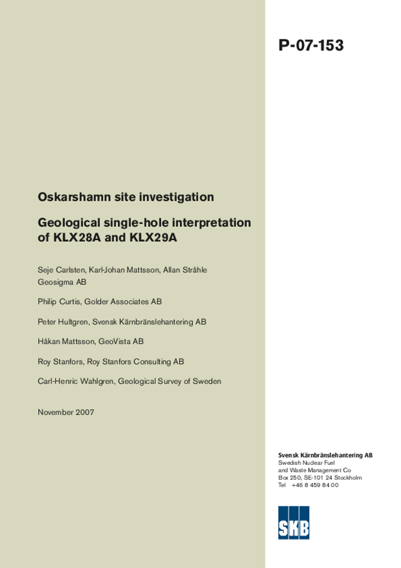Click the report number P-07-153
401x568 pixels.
click(x=311, y=45)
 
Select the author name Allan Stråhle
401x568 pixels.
click(x=185, y=270)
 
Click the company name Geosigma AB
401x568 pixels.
click(x=62, y=282)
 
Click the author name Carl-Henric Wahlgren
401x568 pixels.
click(x=75, y=382)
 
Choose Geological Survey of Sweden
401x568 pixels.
click(x=169, y=382)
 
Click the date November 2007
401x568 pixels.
click(x=66, y=412)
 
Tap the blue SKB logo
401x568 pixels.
click(x=294, y=523)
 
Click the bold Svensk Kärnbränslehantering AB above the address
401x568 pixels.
click(x=325, y=455)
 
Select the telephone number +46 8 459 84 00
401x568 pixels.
click(x=315, y=485)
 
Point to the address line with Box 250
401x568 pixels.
click(x=320, y=478)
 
